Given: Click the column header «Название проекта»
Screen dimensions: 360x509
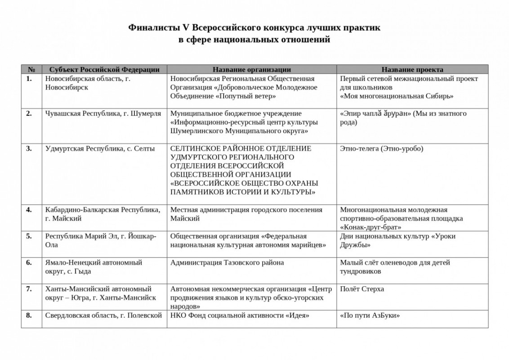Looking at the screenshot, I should [412, 69].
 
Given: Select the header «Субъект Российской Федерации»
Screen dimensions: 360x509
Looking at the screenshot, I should [104, 69].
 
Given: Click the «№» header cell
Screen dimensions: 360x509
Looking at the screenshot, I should [31, 69].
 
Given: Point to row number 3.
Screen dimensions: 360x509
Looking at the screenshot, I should [29, 148].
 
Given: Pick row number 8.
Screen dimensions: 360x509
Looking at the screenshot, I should [29, 315].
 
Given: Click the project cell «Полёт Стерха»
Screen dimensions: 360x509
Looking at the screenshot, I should [362, 289].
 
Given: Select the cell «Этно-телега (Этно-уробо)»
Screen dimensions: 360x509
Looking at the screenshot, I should [382, 148].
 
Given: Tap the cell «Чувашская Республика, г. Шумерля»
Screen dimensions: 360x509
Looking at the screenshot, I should [103, 113].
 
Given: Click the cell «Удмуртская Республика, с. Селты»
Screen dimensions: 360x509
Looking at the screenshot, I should [100, 148].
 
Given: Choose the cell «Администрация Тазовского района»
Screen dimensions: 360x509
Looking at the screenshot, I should [227, 262].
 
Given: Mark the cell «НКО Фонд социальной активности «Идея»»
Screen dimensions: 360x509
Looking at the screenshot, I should [240, 315].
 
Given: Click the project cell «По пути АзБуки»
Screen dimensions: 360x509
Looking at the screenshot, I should [370, 315].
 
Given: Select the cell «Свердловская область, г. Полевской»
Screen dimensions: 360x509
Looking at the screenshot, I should [103, 315].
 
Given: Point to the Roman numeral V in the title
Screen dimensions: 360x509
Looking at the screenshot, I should [185, 28].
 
